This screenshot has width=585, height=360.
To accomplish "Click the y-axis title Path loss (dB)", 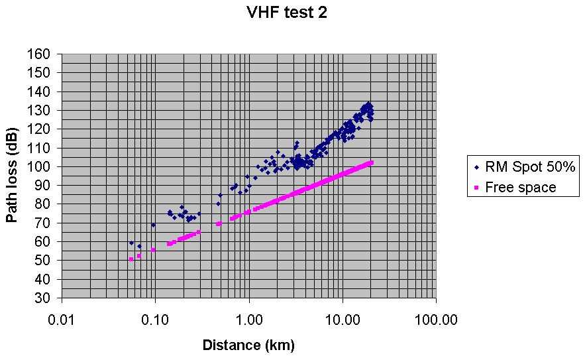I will tap(13, 175).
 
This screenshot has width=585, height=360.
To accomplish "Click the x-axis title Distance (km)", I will tap(248, 345).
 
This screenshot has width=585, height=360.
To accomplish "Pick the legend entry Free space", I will tap(520, 188).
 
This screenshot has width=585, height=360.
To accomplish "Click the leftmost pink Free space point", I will tap(131, 259).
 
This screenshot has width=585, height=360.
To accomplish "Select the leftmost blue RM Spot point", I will tap(131, 243).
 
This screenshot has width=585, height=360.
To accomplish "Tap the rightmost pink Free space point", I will tap(372, 162).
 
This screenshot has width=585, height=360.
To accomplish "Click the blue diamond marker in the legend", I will tap(477, 167).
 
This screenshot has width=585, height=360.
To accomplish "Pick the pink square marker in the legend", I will tap(477, 188).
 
